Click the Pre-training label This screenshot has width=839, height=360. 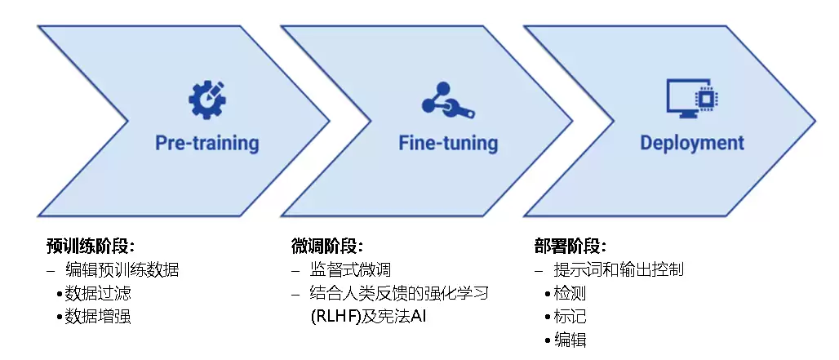pyautogui.click(x=207, y=143)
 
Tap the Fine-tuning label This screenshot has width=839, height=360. pyautogui.click(x=448, y=143)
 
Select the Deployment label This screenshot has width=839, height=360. pyautogui.click(x=692, y=143)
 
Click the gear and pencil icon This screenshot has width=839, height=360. pyautogui.click(x=207, y=100)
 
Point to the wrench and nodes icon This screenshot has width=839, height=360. pyautogui.click(x=448, y=100)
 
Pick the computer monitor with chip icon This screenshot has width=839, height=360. pyautogui.click(x=692, y=99)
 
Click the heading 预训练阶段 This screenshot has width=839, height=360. pyautogui.click(x=90, y=247)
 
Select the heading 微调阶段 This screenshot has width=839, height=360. pyautogui.click(x=327, y=247)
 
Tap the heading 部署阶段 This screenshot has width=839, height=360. pyautogui.click(x=570, y=247)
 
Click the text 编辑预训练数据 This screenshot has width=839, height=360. pyautogui.click(x=122, y=269)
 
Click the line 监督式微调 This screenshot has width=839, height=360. pyautogui.click(x=350, y=269)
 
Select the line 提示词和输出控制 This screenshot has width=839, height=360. pyautogui.click(x=619, y=269)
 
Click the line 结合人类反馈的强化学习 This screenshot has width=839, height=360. pyautogui.click(x=399, y=293)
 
